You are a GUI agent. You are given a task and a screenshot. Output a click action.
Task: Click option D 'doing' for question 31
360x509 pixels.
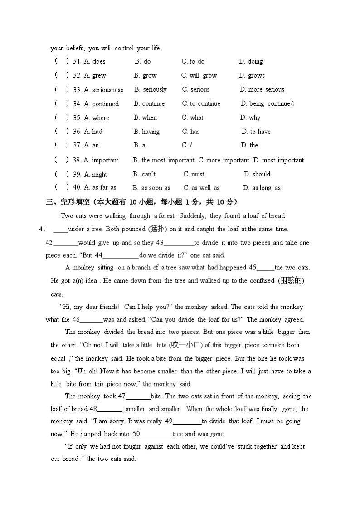(251, 61)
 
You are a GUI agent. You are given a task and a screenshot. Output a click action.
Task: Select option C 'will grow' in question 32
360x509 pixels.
(199, 75)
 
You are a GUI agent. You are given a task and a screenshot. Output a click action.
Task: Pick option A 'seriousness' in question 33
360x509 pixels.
(103, 90)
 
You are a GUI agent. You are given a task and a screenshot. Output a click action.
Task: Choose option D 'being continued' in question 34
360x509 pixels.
(267, 103)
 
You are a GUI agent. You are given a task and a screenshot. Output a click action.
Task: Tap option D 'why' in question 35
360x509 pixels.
(250, 117)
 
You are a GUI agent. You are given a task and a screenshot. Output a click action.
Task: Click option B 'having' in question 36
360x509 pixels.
(146, 132)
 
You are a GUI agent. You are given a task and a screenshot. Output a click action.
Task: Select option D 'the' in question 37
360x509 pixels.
(249, 145)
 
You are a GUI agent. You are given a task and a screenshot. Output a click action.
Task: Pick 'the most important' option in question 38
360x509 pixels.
(164, 160)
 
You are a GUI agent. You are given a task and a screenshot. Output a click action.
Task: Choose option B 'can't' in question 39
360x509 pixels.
(144, 174)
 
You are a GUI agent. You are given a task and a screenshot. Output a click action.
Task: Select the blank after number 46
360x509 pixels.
(92, 320)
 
